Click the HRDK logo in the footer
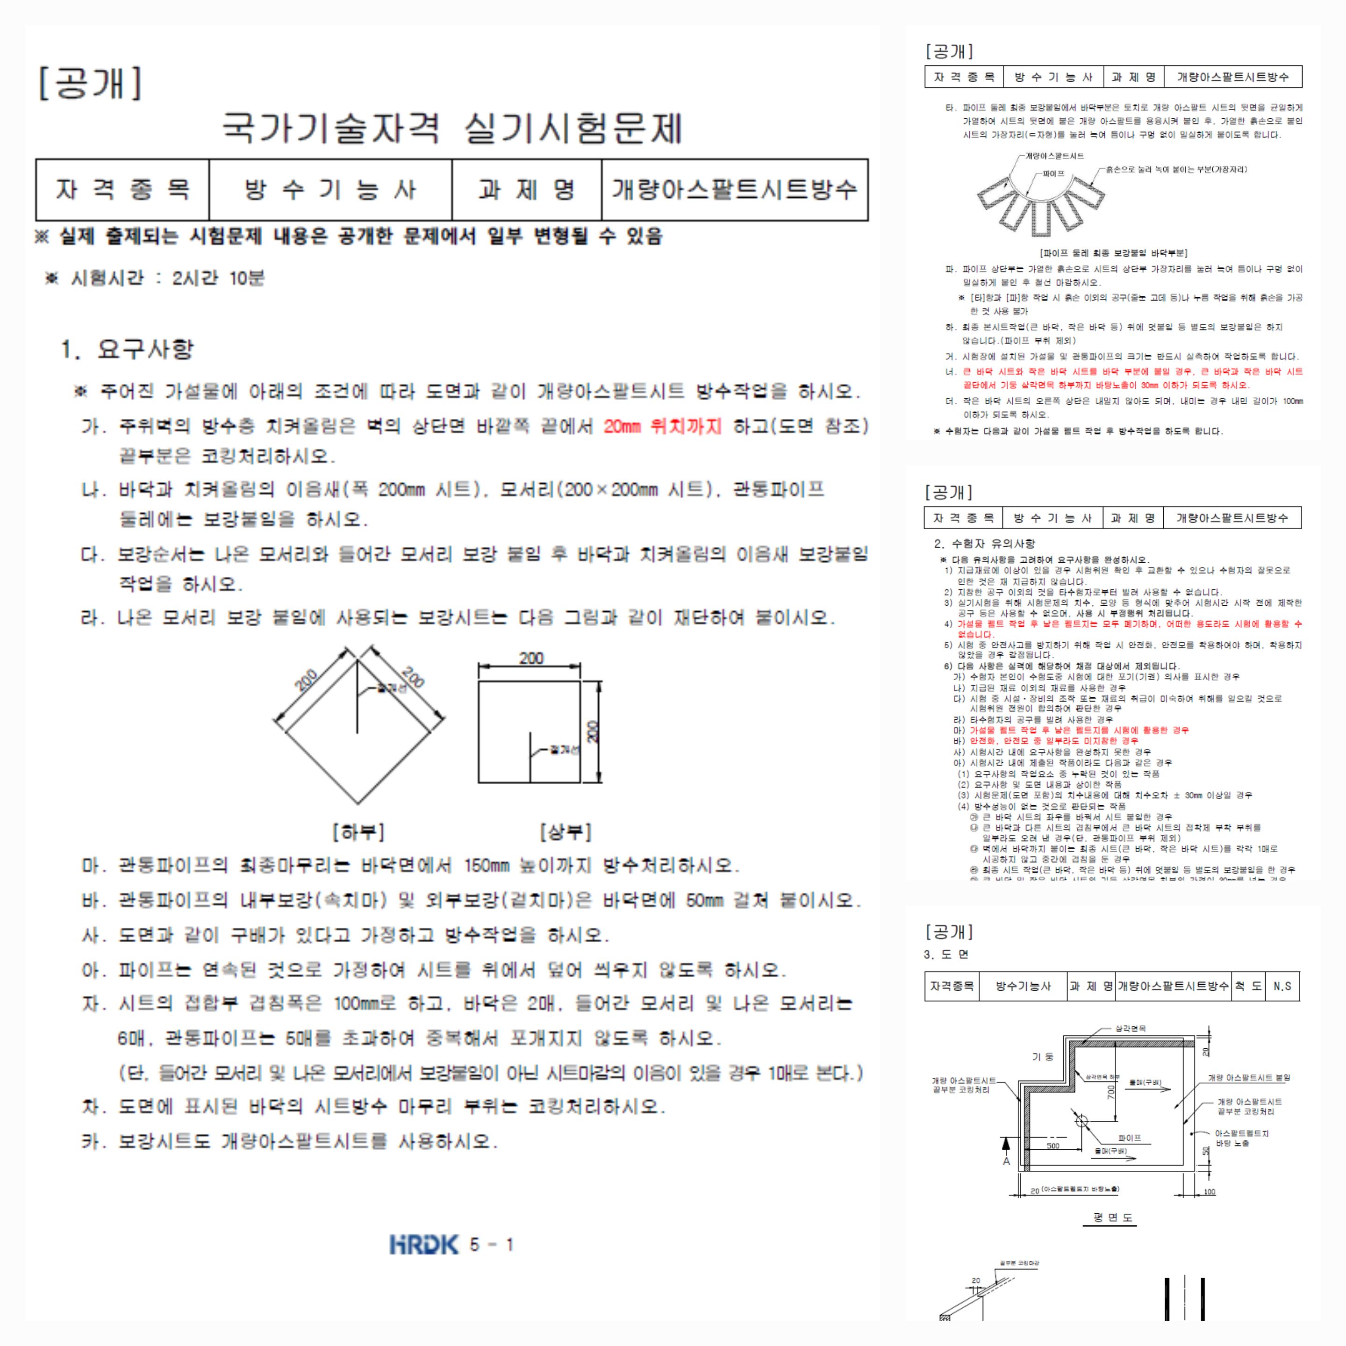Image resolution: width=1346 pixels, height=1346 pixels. point(423,1244)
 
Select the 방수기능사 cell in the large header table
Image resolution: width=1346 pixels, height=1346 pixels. point(330,189)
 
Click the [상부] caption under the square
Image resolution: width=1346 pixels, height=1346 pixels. point(565,832)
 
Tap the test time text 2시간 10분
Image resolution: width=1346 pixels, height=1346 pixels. point(218,279)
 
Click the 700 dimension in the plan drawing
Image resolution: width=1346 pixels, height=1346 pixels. point(1111,1092)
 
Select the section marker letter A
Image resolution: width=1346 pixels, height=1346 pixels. point(1006,1161)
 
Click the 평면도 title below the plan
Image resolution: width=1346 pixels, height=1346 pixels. point(1113,1217)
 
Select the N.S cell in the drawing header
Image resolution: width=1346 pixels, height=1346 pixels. point(1282,986)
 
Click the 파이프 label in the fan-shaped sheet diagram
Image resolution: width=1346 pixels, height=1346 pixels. point(1053,173)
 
